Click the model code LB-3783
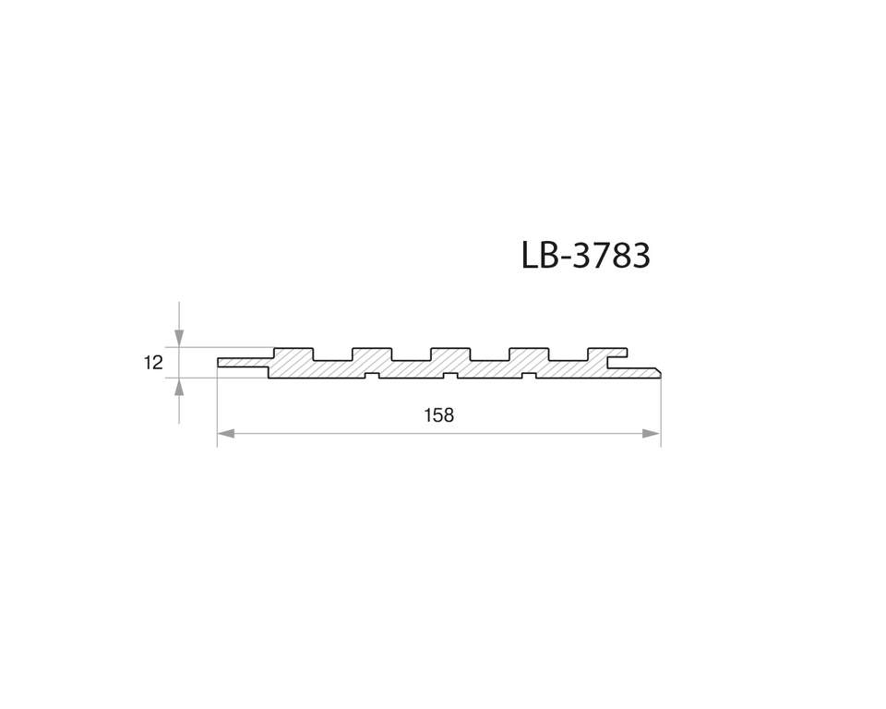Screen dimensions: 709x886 (586, 256)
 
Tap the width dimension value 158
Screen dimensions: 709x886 (438, 415)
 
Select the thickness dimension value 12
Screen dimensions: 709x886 (153, 363)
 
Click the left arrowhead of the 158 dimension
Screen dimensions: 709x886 (226, 433)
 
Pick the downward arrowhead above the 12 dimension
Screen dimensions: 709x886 (179, 338)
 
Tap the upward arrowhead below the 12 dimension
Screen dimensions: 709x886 (179, 387)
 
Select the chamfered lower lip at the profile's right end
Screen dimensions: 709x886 (646, 372)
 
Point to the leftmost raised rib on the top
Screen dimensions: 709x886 (293, 354)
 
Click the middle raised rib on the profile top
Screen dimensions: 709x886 (450, 354)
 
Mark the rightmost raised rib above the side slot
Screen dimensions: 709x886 (607, 351)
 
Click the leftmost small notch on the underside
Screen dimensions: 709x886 (372, 375)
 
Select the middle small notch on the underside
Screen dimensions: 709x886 (450, 375)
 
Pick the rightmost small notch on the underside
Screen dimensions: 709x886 (529, 375)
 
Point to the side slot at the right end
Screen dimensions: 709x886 (617, 361)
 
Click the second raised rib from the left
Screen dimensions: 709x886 (372, 354)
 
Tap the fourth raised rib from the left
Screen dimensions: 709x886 (529, 354)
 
